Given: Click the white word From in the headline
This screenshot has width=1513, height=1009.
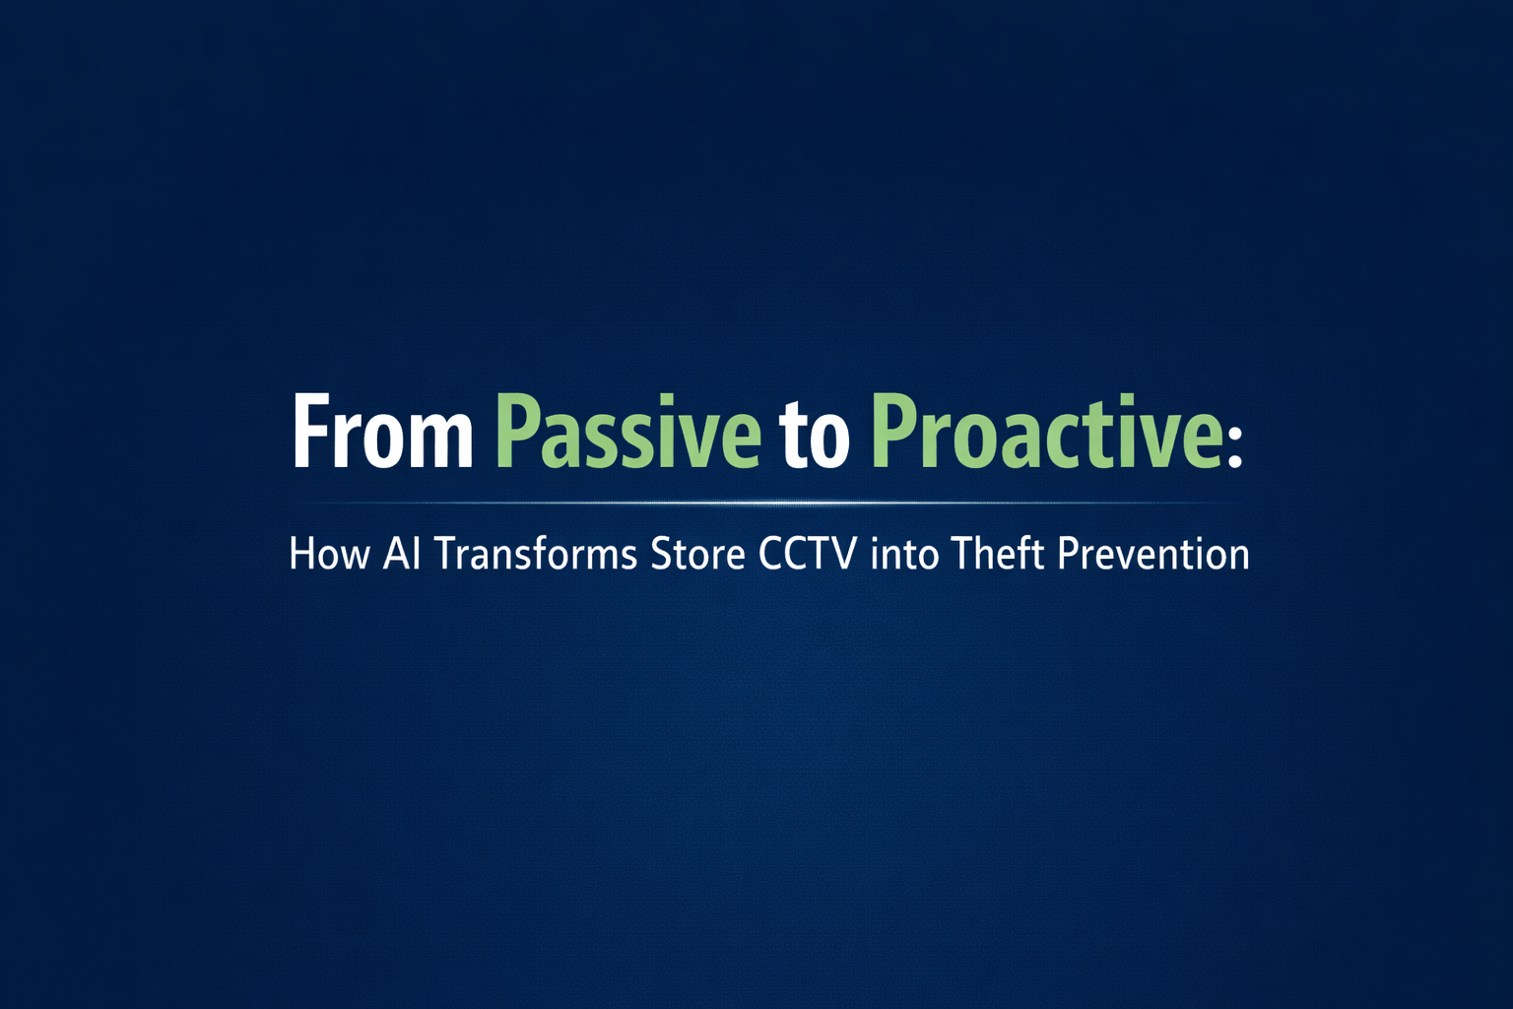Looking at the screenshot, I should click(x=382, y=434).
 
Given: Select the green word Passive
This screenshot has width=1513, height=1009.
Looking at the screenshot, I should click(x=626, y=434).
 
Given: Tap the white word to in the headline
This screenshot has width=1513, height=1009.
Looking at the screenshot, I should click(x=814, y=436).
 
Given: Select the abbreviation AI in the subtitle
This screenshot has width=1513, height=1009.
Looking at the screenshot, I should click(x=402, y=554).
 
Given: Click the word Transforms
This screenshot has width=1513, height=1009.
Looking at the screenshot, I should click(x=536, y=554).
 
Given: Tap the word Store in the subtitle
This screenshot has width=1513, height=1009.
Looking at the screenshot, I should click(x=697, y=554).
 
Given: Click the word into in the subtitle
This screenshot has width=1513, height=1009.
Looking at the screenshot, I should click(x=904, y=554).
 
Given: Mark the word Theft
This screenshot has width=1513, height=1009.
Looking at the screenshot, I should click(x=997, y=554).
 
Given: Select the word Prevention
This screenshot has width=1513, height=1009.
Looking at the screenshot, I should click(x=1152, y=554).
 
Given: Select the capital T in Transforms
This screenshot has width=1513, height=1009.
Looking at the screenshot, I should click(x=444, y=554).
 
